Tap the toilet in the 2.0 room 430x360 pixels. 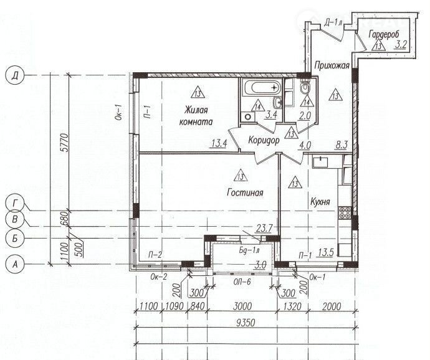[x=305, y=86]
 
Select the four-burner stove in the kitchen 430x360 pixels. [x=345, y=213]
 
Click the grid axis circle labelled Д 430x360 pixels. [x=15, y=75]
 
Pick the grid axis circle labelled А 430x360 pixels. [x=15, y=264]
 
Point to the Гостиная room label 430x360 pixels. [x=245, y=192]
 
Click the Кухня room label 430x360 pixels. [x=320, y=202]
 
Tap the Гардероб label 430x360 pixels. [x=384, y=35]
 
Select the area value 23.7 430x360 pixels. [x=264, y=228]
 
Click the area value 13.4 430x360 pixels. [x=219, y=143]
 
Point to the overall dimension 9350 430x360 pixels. [x=245, y=323]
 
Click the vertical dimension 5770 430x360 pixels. [x=64, y=143]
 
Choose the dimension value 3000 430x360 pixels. [x=242, y=306]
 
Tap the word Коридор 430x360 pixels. [x=264, y=140]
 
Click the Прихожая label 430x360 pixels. [x=332, y=65]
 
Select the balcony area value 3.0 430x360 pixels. [x=260, y=265]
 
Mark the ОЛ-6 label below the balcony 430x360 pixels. [x=242, y=282]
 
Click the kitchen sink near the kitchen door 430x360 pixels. [x=320, y=161]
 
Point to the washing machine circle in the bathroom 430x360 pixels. [x=248, y=117]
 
